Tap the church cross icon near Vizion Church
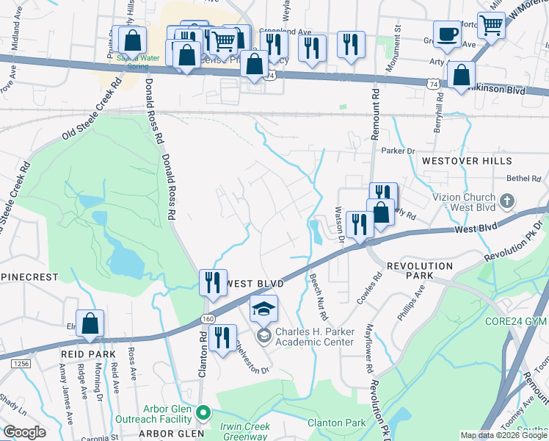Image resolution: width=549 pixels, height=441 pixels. coord(507,201)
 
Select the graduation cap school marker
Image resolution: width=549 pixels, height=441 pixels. coord(263,310)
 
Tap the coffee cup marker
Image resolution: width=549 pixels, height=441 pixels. coord(447,34)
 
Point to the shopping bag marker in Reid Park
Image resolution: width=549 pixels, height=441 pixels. coord(90,323)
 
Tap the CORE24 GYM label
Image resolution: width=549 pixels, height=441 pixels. coord(517,321)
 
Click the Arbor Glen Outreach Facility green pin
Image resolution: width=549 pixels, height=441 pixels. coord(206,413)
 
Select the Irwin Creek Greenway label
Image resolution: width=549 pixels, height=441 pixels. coord(246,431)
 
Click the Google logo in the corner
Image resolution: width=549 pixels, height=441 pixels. coord(24,432)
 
